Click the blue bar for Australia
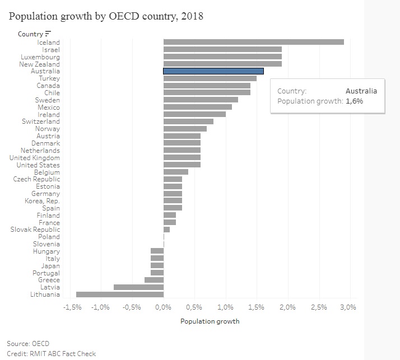(213, 71)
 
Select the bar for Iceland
(253, 42)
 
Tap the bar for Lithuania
(120, 294)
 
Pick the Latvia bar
(138, 287)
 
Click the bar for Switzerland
(188, 121)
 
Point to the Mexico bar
(197, 107)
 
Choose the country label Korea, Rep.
(43, 200)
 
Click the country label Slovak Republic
(35, 230)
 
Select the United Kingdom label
(35, 158)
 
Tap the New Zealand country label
(39, 64)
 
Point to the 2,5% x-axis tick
(319, 307)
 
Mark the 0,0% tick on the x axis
(164, 307)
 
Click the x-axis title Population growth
(210, 321)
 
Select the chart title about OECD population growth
(106, 16)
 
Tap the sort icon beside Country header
(48, 34)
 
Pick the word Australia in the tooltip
(361, 91)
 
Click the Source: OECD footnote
(28, 343)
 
